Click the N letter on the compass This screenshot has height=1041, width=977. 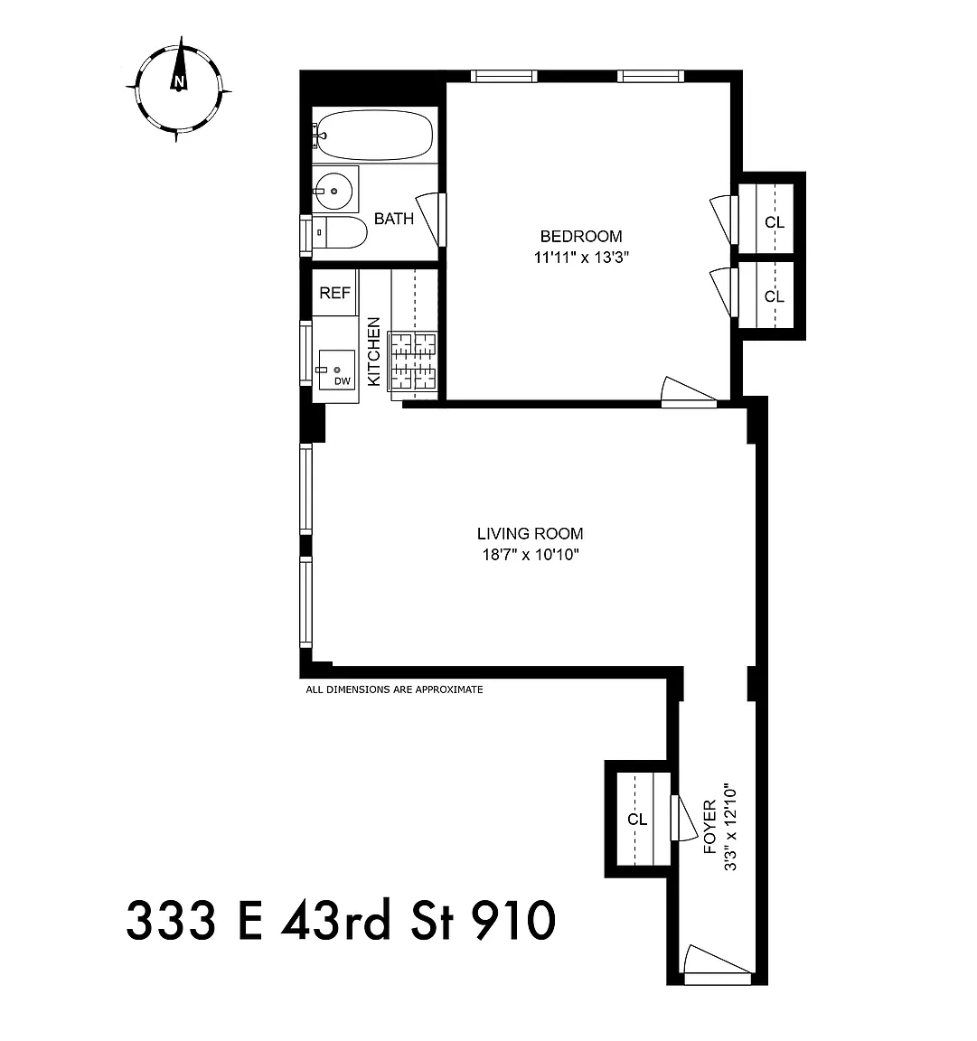[x=178, y=82]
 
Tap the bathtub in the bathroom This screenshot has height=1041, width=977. [x=374, y=135]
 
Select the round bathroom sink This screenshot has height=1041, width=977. [x=334, y=190]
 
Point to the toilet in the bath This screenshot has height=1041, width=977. [x=340, y=232]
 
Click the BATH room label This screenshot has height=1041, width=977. [x=394, y=219]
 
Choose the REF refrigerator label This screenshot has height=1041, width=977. [x=334, y=293]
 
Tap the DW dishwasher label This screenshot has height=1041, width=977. [x=342, y=381]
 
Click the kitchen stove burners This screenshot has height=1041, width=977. [x=413, y=361]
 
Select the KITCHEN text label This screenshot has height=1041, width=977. [x=374, y=352]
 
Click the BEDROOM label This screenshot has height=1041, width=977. [x=581, y=237]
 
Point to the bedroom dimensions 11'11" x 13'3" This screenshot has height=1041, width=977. [x=581, y=258]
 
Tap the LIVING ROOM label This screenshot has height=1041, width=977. [x=530, y=534]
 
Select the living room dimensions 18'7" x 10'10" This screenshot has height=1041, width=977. [x=531, y=555]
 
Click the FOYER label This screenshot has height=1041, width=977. [x=710, y=827]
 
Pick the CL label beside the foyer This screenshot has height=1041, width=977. [x=637, y=820]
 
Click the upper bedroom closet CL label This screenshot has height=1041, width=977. [x=775, y=222]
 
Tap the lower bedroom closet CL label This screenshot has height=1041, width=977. [x=775, y=296]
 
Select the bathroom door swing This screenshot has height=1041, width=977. [x=429, y=219]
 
